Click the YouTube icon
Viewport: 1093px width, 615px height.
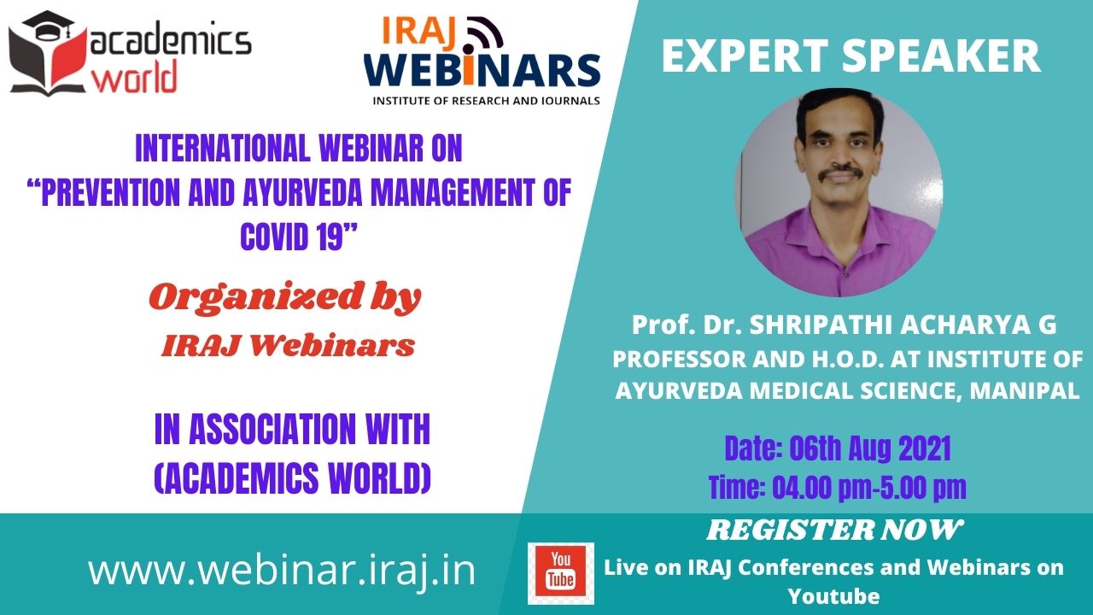coord(561,573)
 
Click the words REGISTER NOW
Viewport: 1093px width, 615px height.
coord(835,530)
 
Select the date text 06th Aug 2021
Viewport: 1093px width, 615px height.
coord(870,448)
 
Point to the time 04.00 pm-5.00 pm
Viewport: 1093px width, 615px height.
coord(869,487)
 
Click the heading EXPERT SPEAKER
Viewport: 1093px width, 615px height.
coord(851,56)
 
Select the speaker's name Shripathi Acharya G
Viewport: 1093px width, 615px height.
coord(903,325)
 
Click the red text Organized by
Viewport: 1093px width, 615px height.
coord(285,297)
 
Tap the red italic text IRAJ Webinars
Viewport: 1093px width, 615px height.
coord(289,345)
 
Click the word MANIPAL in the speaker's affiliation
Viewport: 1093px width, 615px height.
coord(1024,390)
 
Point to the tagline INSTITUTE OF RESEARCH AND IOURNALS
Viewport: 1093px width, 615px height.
coord(486,101)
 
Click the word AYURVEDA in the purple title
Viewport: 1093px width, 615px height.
coord(302,192)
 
